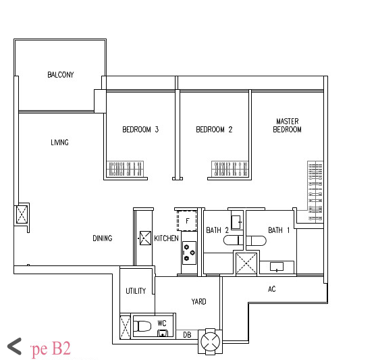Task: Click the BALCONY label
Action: pyautogui.click(x=61, y=75)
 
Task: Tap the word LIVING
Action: pyautogui.click(x=59, y=143)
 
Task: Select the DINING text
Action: pyautogui.click(x=103, y=238)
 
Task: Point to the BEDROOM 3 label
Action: pyautogui.click(x=140, y=130)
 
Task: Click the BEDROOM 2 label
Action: pyautogui.click(x=214, y=130)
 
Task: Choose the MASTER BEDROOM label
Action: pyautogui.click(x=287, y=126)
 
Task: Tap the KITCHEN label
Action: pyautogui.click(x=166, y=238)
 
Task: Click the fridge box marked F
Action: pyautogui.click(x=186, y=221)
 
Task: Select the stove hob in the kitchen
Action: pyautogui.click(x=188, y=253)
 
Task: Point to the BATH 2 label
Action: pyautogui.click(x=217, y=230)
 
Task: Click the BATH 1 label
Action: pyautogui.click(x=279, y=230)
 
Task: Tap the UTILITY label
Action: pyautogui.click(x=136, y=291)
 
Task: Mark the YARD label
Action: pyautogui.click(x=198, y=302)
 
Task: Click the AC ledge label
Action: pyautogui.click(x=272, y=289)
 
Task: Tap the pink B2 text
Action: pyautogui.click(x=59, y=349)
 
